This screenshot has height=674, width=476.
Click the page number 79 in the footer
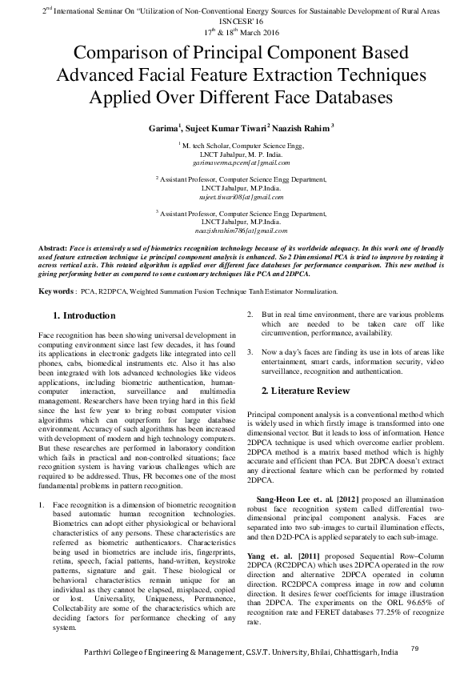coord(413,648)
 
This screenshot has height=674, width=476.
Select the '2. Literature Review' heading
coord(306,391)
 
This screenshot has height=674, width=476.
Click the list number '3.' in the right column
coord(250,352)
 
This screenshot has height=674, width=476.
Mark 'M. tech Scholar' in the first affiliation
coord(210,146)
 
